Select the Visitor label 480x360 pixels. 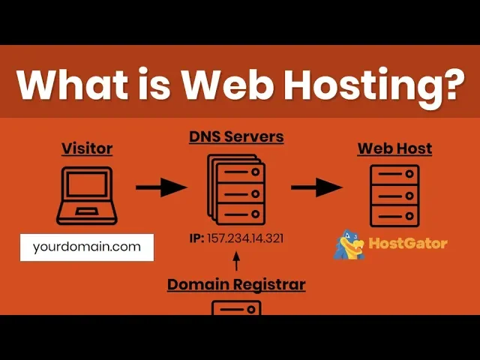(x=87, y=148)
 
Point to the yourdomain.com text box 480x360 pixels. (x=87, y=247)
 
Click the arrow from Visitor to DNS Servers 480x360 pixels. (x=160, y=187)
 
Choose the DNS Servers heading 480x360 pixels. (x=236, y=137)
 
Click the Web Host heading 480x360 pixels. (x=394, y=148)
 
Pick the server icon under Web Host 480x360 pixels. (x=394, y=195)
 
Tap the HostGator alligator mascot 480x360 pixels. (x=348, y=244)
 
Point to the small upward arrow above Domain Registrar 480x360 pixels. (x=236, y=261)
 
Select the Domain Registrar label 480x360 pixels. (x=236, y=285)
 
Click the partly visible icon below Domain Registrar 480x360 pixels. (x=236, y=307)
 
